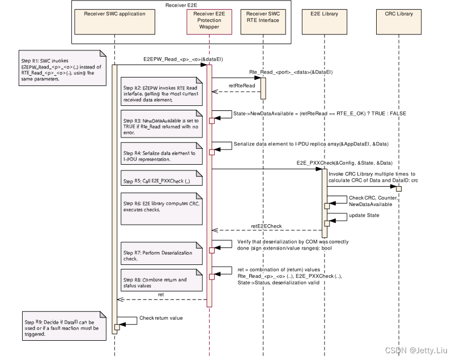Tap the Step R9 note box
(63, 324)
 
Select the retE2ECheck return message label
(267, 226)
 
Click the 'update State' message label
(365, 215)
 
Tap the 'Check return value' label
(161, 318)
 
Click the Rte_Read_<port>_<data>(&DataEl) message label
(291, 72)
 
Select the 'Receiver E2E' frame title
(181, 5)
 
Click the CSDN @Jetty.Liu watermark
(416, 351)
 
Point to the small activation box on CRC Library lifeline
(399, 188)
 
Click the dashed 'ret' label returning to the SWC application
(161, 295)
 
